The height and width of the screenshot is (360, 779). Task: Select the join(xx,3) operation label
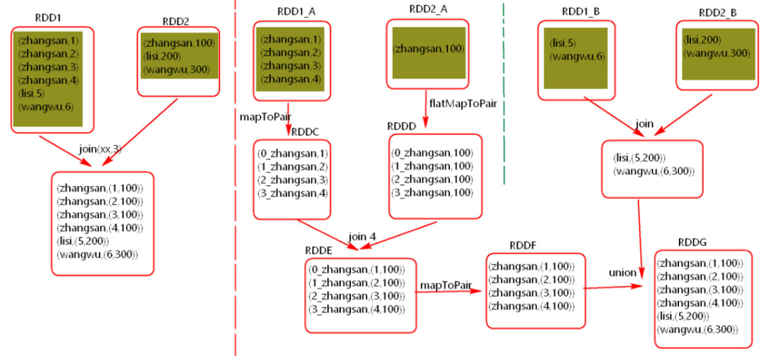pyautogui.click(x=100, y=149)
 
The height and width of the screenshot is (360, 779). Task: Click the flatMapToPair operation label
pyautogui.click(x=462, y=104)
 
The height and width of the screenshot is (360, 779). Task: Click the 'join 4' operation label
pyautogui.click(x=362, y=236)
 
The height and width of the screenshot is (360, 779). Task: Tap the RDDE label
pyautogui.click(x=319, y=250)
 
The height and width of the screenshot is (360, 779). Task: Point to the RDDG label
pyautogui.click(x=693, y=242)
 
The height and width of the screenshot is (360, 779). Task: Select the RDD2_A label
pyautogui.click(x=427, y=9)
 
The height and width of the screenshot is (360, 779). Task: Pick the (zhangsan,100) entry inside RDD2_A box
pyautogui.click(x=429, y=48)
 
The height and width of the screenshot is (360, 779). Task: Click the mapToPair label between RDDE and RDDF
pyautogui.click(x=446, y=285)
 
